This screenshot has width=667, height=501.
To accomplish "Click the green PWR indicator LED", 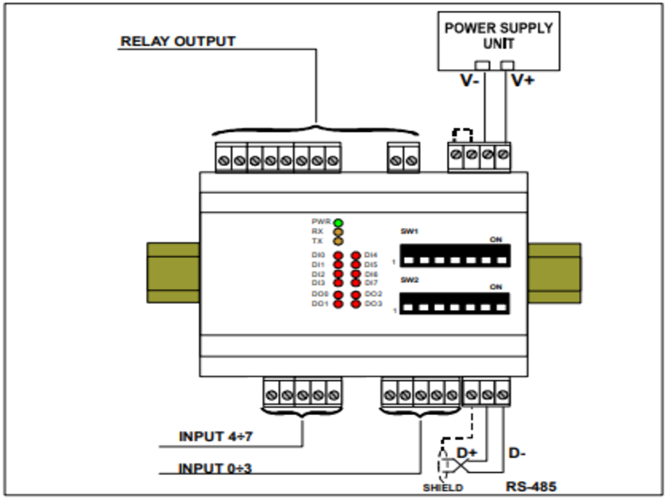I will coord(339,223).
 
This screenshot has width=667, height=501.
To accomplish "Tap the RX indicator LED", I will coord(339,232).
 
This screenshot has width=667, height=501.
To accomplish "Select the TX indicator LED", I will coord(339,241).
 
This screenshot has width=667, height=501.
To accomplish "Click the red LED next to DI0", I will coord(339,255).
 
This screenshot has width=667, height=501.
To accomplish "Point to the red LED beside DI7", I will coord(356,283).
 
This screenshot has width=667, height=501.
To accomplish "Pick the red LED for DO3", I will coord(356,304).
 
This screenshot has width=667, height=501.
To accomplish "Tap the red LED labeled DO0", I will coord(339,295).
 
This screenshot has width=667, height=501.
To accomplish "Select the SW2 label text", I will coord(409,280).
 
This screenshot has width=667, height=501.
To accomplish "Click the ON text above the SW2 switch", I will coord(496,287).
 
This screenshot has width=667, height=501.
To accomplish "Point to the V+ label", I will coord(523,81).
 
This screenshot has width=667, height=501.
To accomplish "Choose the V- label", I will coord(470,81).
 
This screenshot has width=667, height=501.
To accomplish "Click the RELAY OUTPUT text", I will coord(178,41).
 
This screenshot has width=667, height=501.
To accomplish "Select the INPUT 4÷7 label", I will coord(215,437).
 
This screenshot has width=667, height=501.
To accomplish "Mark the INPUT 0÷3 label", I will coord(215,468).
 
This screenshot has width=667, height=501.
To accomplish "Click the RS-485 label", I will coord(531,483).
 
